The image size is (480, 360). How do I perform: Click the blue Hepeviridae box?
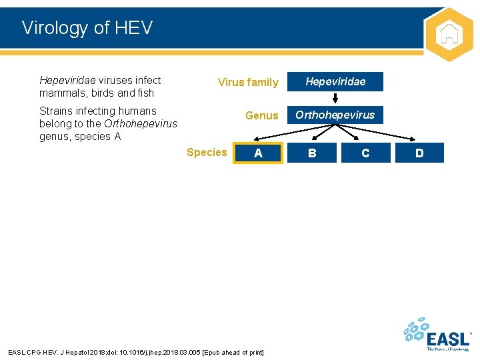(x=335, y=81)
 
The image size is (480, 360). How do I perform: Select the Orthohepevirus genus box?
(x=335, y=115)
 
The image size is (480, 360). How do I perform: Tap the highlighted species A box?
(x=259, y=153)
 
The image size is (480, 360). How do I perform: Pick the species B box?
(x=312, y=153)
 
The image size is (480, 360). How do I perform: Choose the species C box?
(x=365, y=153)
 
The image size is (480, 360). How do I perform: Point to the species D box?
(x=419, y=153)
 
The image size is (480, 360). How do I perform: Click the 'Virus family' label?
(x=248, y=83)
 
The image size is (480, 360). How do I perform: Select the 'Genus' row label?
(x=261, y=115)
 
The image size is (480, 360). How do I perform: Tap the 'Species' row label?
(x=207, y=152)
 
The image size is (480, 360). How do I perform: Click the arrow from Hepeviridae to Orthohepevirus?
(x=335, y=97)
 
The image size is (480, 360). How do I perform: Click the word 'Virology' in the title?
(x=55, y=28)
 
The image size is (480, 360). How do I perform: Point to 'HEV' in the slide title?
(x=133, y=28)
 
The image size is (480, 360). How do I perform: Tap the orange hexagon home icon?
(x=449, y=34)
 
